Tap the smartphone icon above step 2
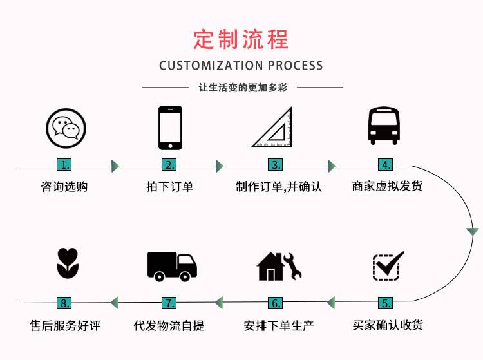pyautogui.click(x=170, y=128)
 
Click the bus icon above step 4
pyautogui.click(x=384, y=126)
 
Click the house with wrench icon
pyautogui.click(x=278, y=265)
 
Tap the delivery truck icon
pyautogui.click(x=172, y=265)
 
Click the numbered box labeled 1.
pyautogui.click(x=65, y=165)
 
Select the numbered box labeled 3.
pyautogui.click(x=276, y=165)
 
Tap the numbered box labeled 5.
pyautogui.click(x=386, y=303)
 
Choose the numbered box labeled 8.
pyautogui.click(x=64, y=303)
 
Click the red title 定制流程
pyautogui.click(x=241, y=39)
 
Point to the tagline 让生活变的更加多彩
pyautogui.click(x=242, y=88)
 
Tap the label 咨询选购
pyautogui.click(x=64, y=187)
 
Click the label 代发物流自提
pyautogui.click(x=169, y=325)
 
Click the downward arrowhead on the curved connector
pyautogui.click(x=473, y=231)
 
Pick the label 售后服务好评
pyautogui.click(x=65, y=325)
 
